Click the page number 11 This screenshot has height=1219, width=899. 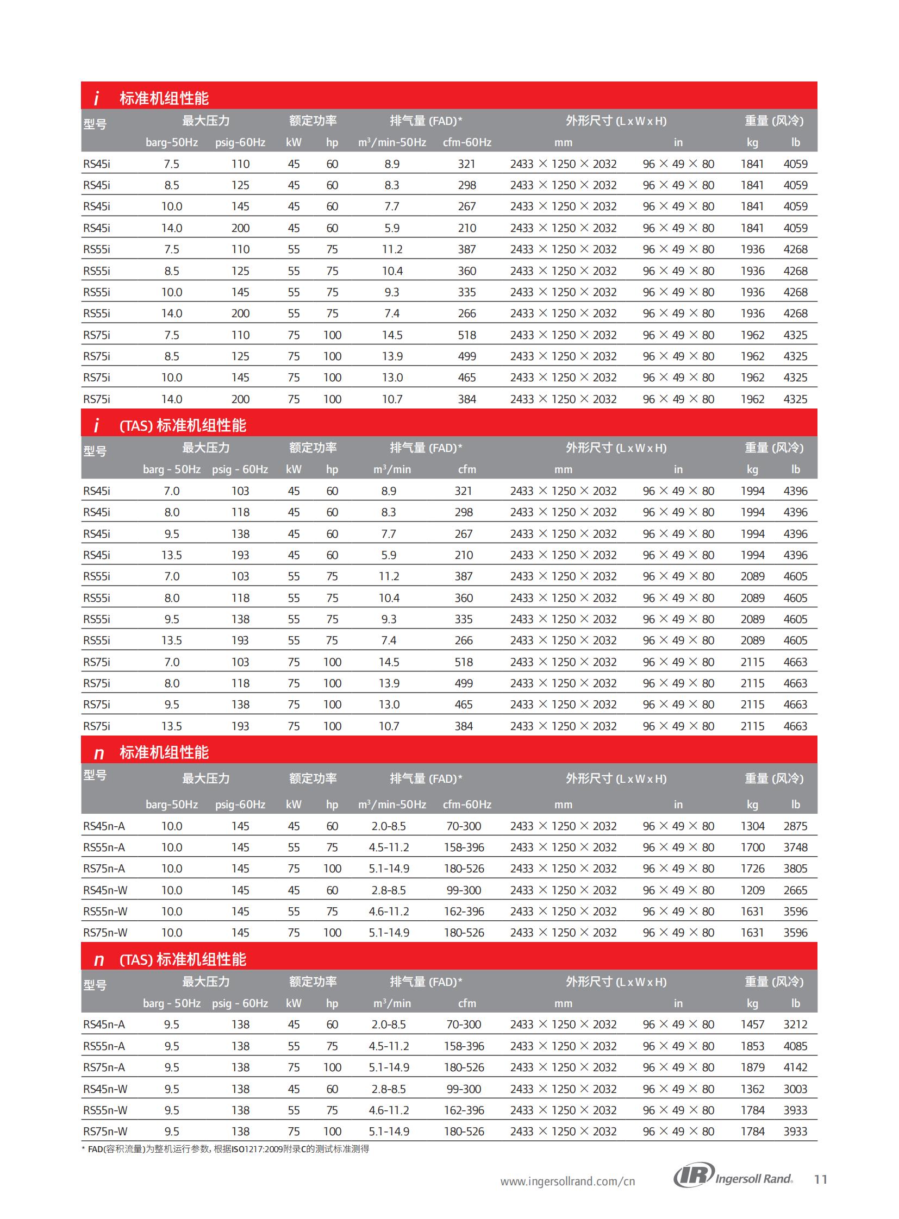click(821, 1179)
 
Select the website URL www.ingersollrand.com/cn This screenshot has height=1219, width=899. click(567, 1181)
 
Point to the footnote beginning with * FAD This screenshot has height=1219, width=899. click(226, 1149)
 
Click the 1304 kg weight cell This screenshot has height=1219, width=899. click(752, 826)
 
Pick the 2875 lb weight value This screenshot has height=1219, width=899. click(795, 826)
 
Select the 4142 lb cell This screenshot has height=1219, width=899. click(795, 1067)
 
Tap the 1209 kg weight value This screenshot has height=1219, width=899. click(752, 890)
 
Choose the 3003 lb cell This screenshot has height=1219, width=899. click(795, 1089)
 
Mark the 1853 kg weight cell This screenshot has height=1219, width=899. click(752, 1046)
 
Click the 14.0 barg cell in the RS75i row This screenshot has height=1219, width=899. click(171, 399)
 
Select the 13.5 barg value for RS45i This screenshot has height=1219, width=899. click(171, 555)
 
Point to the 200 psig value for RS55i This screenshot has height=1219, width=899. click(240, 313)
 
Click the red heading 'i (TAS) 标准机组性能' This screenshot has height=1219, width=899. click(183, 425)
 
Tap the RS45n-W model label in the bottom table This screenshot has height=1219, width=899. click(105, 1089)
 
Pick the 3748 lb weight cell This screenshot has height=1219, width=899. click(795, 847)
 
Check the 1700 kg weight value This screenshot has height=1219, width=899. click(752, 847)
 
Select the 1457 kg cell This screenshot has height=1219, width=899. click(752, 1025)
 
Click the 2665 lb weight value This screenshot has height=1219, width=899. click(795, 890)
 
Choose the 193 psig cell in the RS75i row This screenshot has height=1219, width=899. click(240, 726)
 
